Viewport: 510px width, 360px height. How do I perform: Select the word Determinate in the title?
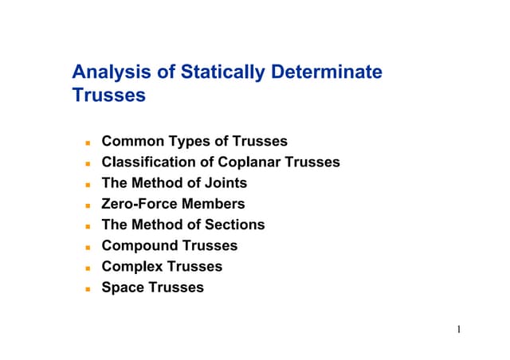(327, 72)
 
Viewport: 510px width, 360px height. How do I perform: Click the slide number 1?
(461, 329)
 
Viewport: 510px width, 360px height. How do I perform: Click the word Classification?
(146, 162)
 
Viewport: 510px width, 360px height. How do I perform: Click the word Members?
(214, 204)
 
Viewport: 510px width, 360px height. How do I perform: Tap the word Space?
(122, 287)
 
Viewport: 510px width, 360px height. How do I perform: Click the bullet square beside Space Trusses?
(90, 288)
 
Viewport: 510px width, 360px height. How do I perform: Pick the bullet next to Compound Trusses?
(90, 247)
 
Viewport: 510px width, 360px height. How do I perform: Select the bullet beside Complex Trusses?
(90, 268)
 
